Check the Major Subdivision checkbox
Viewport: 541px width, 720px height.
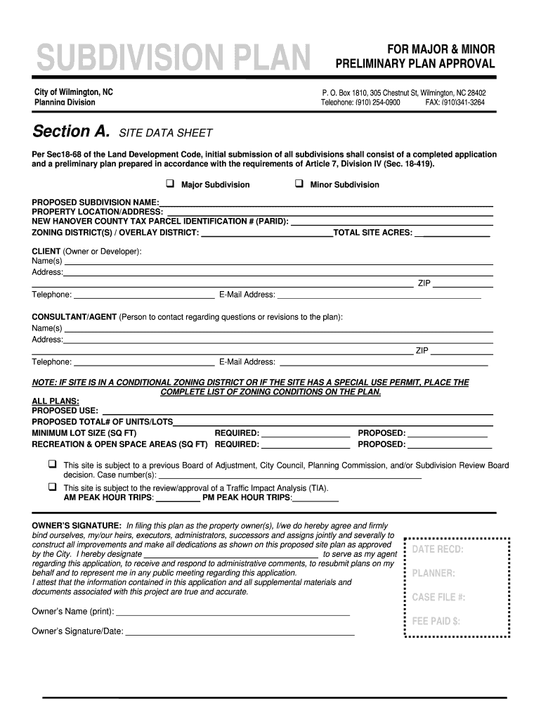pos(170,184)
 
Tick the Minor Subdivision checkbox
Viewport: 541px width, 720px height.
pos(299,184)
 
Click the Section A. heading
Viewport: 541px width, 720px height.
pos(72,131)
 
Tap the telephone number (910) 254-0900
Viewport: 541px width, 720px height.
pos(382,103)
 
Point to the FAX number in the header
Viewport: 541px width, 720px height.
pos(455,103)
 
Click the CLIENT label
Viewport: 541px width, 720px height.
pos(46,251)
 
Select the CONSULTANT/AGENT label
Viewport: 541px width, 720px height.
pos(74,317)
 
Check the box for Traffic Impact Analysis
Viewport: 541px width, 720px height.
pos(52,487)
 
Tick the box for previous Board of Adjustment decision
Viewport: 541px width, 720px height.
pos(52,465)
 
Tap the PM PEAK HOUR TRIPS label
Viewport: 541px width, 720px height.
pos(246,498)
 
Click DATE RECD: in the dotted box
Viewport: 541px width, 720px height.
pos(437,549)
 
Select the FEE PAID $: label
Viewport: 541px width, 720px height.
pos(436,621)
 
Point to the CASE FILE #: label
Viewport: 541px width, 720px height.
pos(438,597)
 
